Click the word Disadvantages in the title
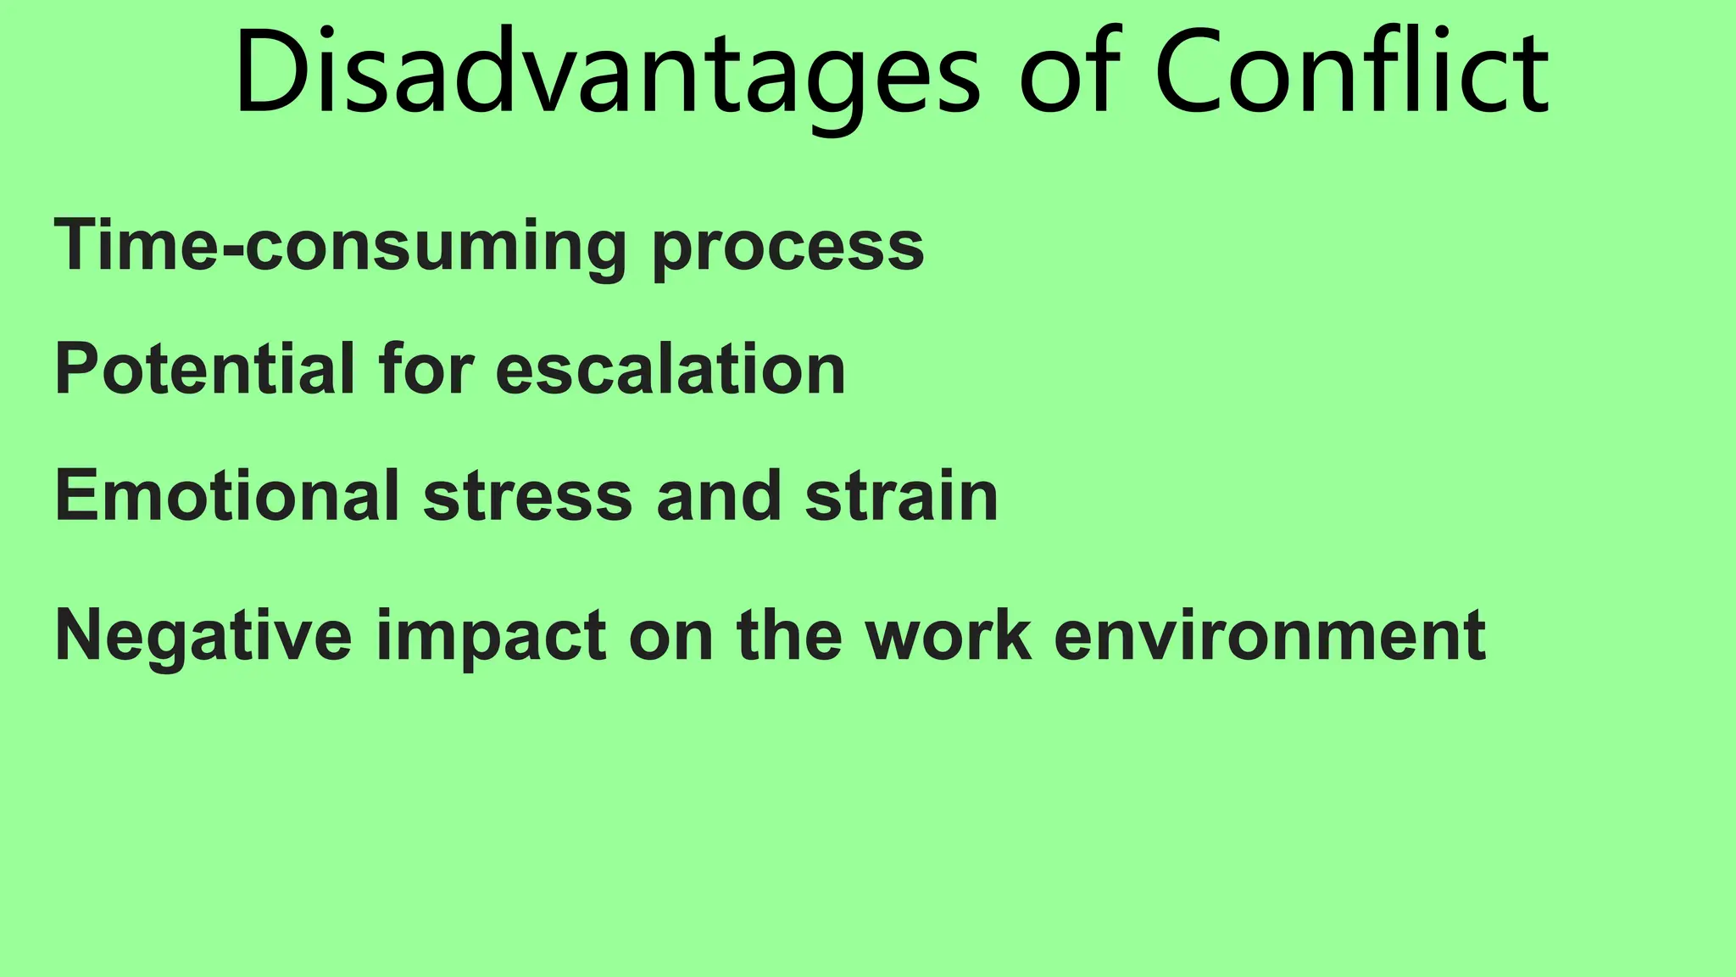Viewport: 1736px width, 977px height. [607, 75]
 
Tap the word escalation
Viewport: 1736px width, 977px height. [670, 370]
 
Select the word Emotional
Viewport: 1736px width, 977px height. [226, 495]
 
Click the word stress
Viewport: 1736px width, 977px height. [527, 497]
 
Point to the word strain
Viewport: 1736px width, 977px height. [901, 495]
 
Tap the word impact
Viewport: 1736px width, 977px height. [491, 638]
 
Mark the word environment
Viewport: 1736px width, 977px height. [1269, 636]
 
